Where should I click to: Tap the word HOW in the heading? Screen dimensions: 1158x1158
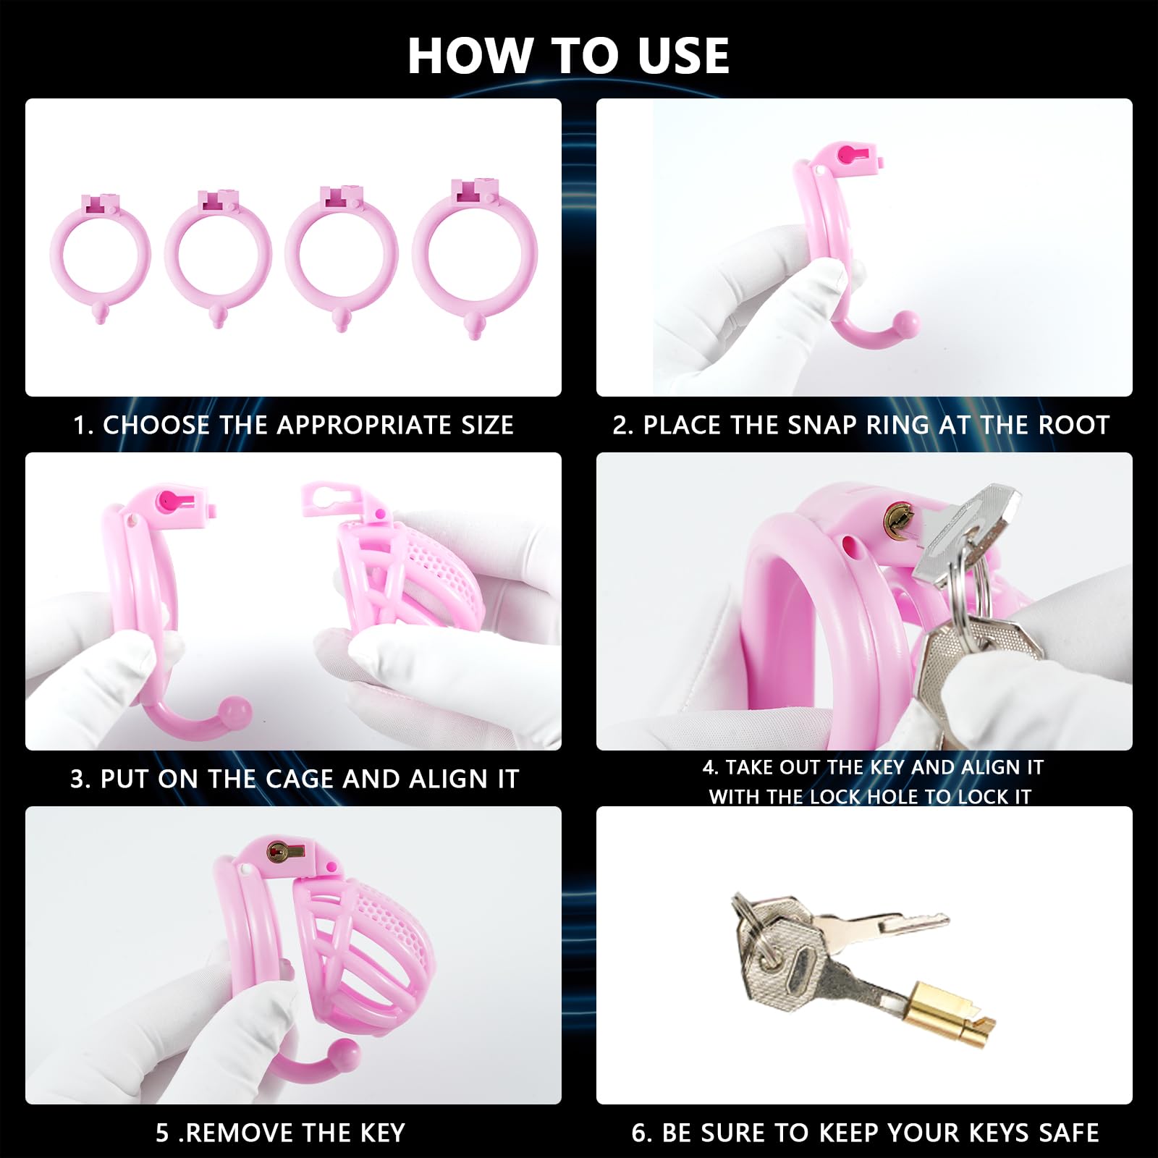pos(470,56)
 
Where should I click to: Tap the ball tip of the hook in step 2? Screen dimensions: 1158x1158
pos(905,323)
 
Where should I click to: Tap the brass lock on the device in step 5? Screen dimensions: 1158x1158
pos(278,853)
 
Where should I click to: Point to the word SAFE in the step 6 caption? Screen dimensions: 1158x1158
pos(1068,1133)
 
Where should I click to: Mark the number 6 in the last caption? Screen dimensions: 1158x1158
pos(639,1133)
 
